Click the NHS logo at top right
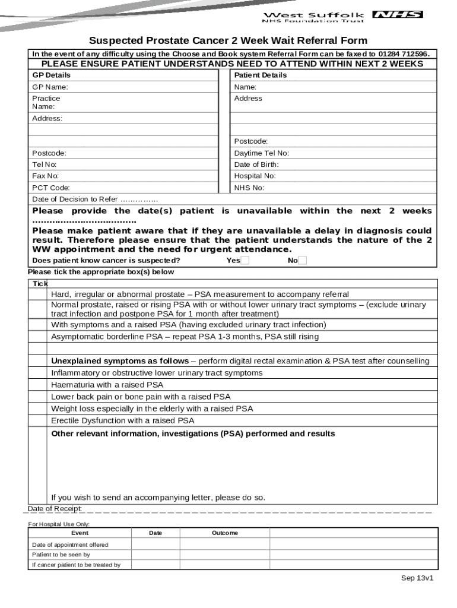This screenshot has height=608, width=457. pyautogui.click(x=397, y=14)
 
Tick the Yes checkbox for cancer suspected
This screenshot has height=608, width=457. pyautogui.click(x=245, y=261)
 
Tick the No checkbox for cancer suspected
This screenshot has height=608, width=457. pyautogui.click(x=303, y=261)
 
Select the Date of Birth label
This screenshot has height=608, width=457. pyautogui.click(x=256, y=164)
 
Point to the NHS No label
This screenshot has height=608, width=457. pyautogui.click(x=249, y=188)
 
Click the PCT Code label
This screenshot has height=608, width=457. pyautogui.click(x=51, y=188)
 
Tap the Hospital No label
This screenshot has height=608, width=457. pyautogui.click(x=255, y=176)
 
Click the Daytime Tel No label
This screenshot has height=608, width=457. pyautogui.click(x=262, y=153)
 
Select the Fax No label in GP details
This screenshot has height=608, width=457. pyautogui.click(x=46, y=176)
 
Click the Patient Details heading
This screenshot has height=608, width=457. pyautogui.click(x=261, y=75)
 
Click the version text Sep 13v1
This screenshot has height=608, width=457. pyautogui.click(x=417, y=578)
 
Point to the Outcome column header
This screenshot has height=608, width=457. pyautogui.click(x=225, y=533)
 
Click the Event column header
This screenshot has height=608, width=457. pyautogui.click(x=80, y=533)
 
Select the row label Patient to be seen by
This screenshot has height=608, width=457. pyautogui.click(x=61, y=555)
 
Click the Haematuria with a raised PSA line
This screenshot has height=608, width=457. pyautogui.click(x=107, y=385)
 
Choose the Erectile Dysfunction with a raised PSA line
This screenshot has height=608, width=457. pyautogui.click(x=122, y=420)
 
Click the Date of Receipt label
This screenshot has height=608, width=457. pyautogui.click(x=55, y=509)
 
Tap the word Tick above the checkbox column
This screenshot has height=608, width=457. pyautogui.click(x=40, y=284)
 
